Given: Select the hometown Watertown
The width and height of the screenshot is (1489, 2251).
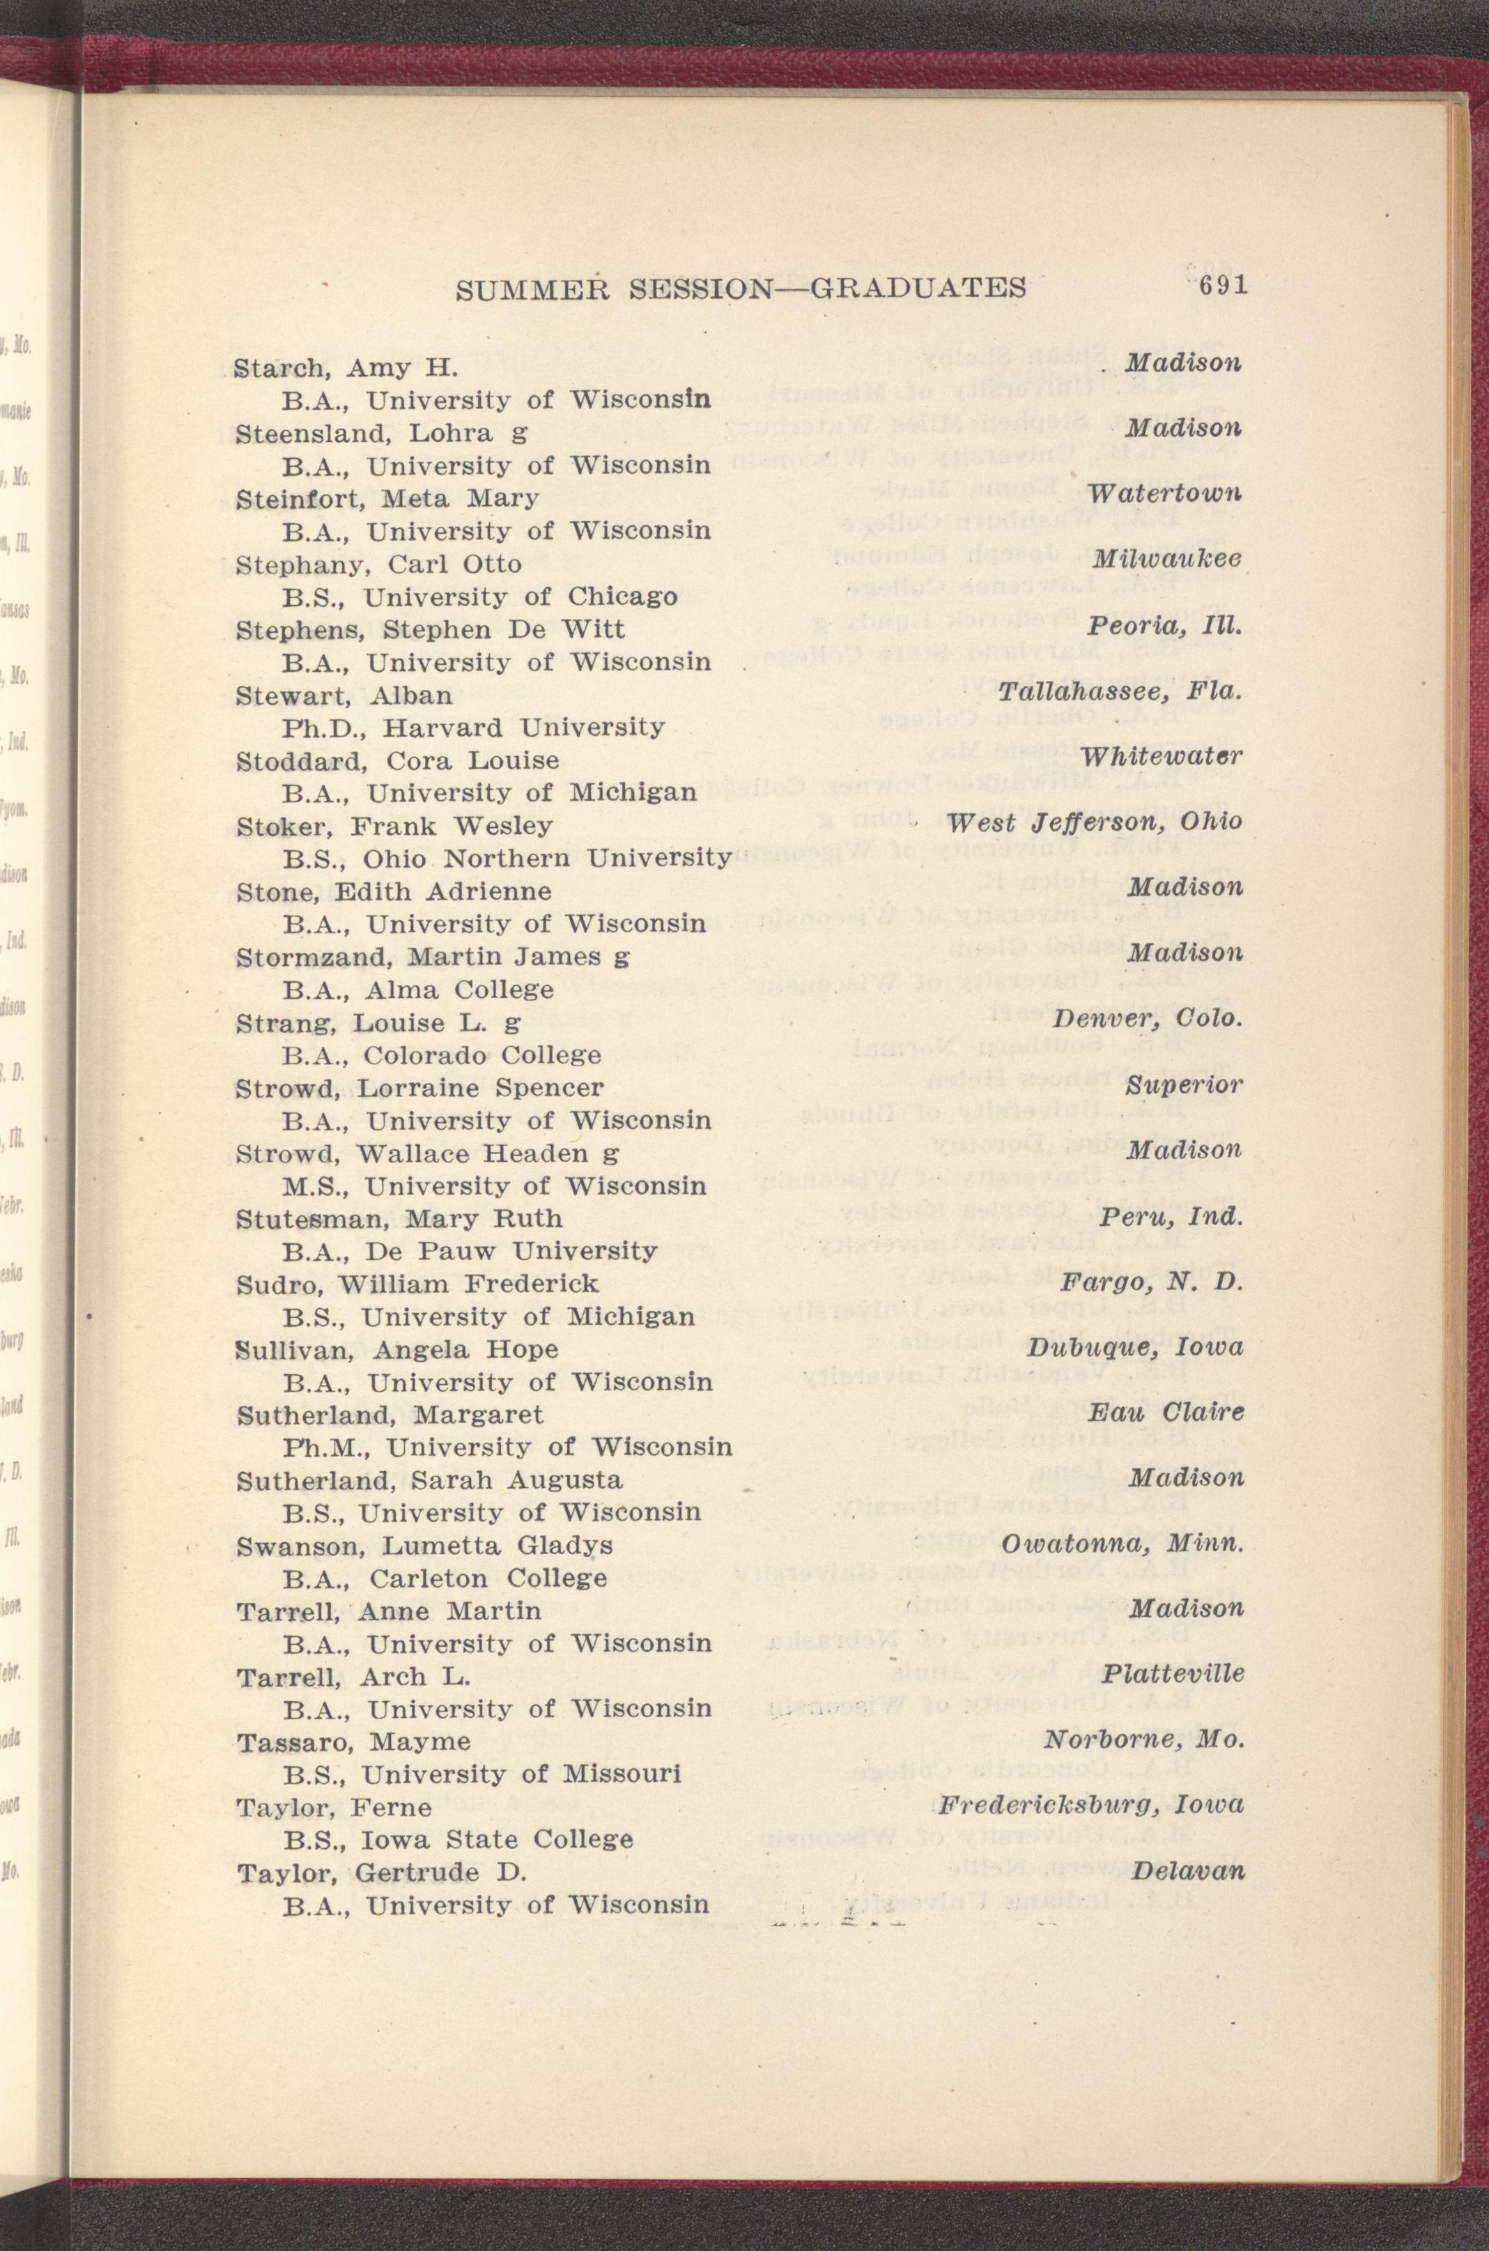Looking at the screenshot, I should pos(1164,494).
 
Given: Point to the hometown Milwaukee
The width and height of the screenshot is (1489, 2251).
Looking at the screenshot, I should pos(1167,560).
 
